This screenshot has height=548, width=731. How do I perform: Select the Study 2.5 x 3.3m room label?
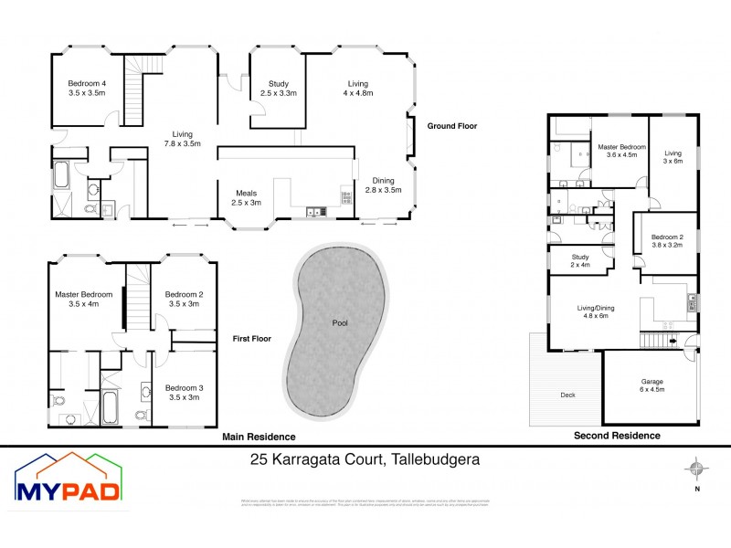tap(279, 89)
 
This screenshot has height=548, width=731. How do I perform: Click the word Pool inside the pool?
tap(340, 322)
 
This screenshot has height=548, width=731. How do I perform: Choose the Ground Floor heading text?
tap(452, 126)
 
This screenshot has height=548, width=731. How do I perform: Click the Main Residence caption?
tap(260, 437)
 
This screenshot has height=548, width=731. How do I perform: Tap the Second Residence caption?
tap(617, 436)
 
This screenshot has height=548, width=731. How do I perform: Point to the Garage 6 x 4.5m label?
tap(652, 386)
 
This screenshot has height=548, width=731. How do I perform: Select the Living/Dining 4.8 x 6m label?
tap(594, 312)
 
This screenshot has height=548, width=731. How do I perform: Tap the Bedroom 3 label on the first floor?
tap(185, 393)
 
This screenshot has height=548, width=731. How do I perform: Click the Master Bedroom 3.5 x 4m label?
tap(84, 299)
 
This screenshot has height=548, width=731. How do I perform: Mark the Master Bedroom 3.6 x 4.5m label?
tap(622, 150)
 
